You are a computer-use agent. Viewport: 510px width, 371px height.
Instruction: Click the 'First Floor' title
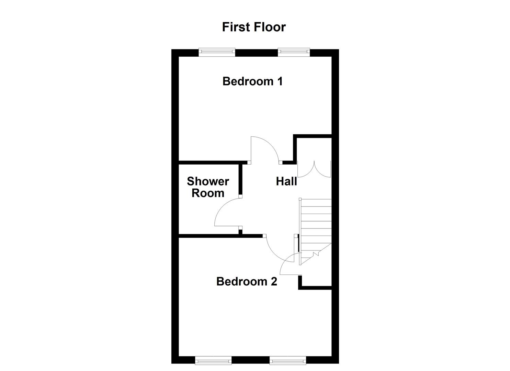(x=253, y=27)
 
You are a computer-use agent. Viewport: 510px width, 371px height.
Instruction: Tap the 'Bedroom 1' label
(x=252, y=81)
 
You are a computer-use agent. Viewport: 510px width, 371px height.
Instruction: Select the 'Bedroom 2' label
(x=247, y=282)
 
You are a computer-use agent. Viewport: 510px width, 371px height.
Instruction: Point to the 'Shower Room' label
(x=208, y=187)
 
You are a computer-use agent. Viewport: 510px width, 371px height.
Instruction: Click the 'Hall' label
(x=286, y=181)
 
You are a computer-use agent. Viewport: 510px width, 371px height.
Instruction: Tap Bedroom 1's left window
(x=217, y=52)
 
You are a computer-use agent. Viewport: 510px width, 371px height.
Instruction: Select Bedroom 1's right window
(x=294, y=52)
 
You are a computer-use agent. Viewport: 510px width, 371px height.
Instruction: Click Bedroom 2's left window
(x=213, y=360)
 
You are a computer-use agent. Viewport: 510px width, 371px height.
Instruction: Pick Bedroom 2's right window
(x=288, y=360)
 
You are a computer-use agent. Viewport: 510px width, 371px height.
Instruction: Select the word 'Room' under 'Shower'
(x=208, y=193)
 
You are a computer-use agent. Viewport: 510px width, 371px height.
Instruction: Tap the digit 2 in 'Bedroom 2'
(x=274, y=282)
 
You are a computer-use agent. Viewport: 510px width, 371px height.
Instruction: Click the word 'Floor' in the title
(x=270, y=27)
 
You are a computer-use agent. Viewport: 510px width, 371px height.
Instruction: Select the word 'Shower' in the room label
(x=208, y=181)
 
